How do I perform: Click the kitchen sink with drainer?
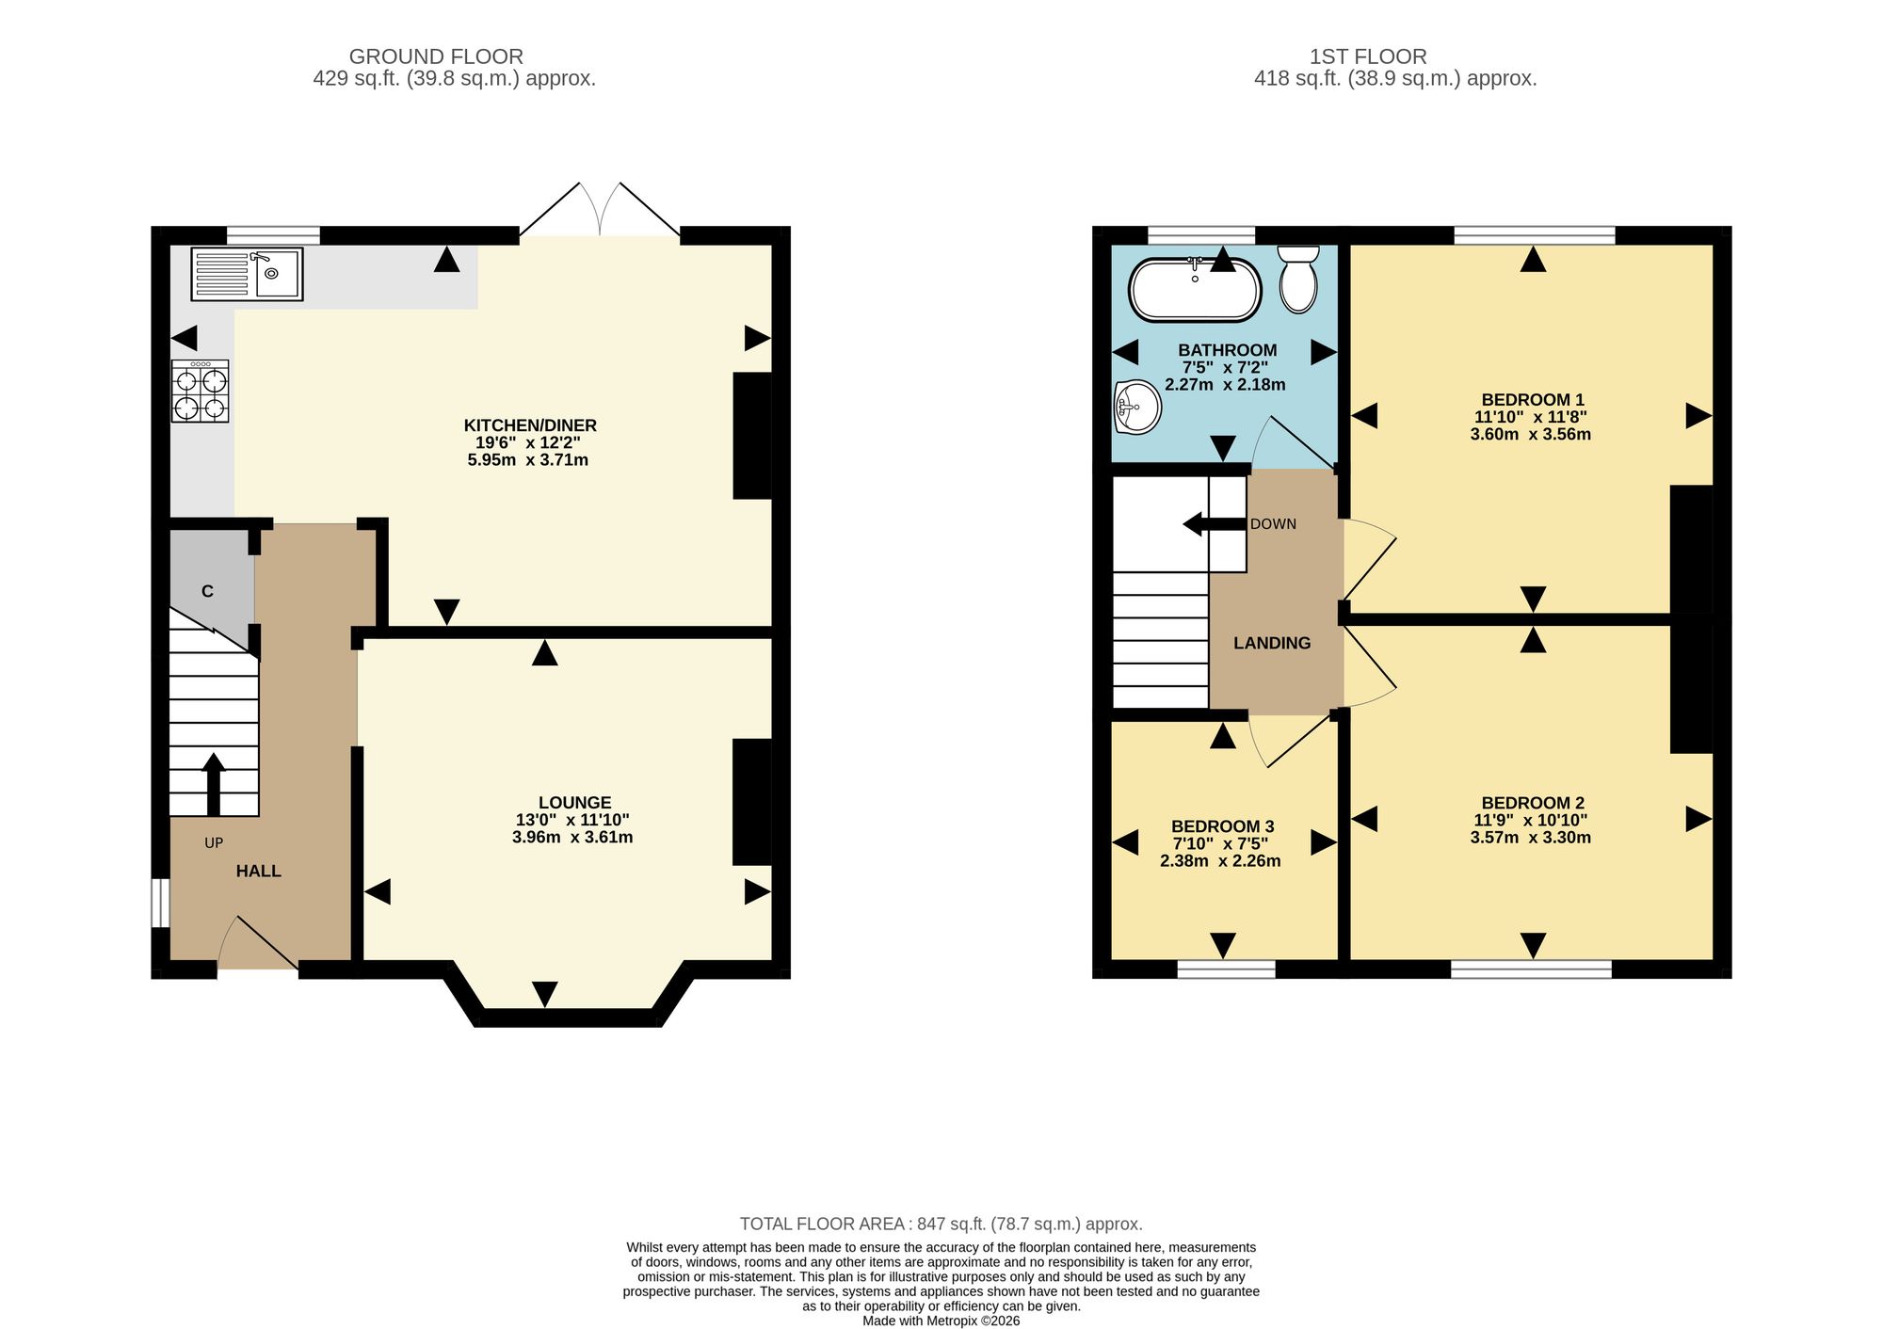tap(247, 274)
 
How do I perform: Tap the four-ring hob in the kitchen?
tap(201, 392)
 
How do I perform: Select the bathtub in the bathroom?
tap(1195, 288)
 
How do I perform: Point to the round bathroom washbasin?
tap(1137, 408)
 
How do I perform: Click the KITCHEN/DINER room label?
tap(530, 425)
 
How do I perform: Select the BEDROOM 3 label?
tap(1223, 826)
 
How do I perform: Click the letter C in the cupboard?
tap(207, 591)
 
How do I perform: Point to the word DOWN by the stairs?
tap(1273, 524)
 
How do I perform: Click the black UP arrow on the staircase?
tap(214, 784)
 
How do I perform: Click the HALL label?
tap(258, 872)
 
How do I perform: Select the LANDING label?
tap(1272, 644)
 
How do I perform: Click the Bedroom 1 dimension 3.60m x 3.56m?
tap(1531, 435)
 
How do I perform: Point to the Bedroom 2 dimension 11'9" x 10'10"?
tap(1531, 821)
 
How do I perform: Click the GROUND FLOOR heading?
tap(436, 56)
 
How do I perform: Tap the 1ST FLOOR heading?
tap(1368, 56)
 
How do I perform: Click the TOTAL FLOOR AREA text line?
tap(941, 1225)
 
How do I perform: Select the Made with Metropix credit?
tap(941, 1321)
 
